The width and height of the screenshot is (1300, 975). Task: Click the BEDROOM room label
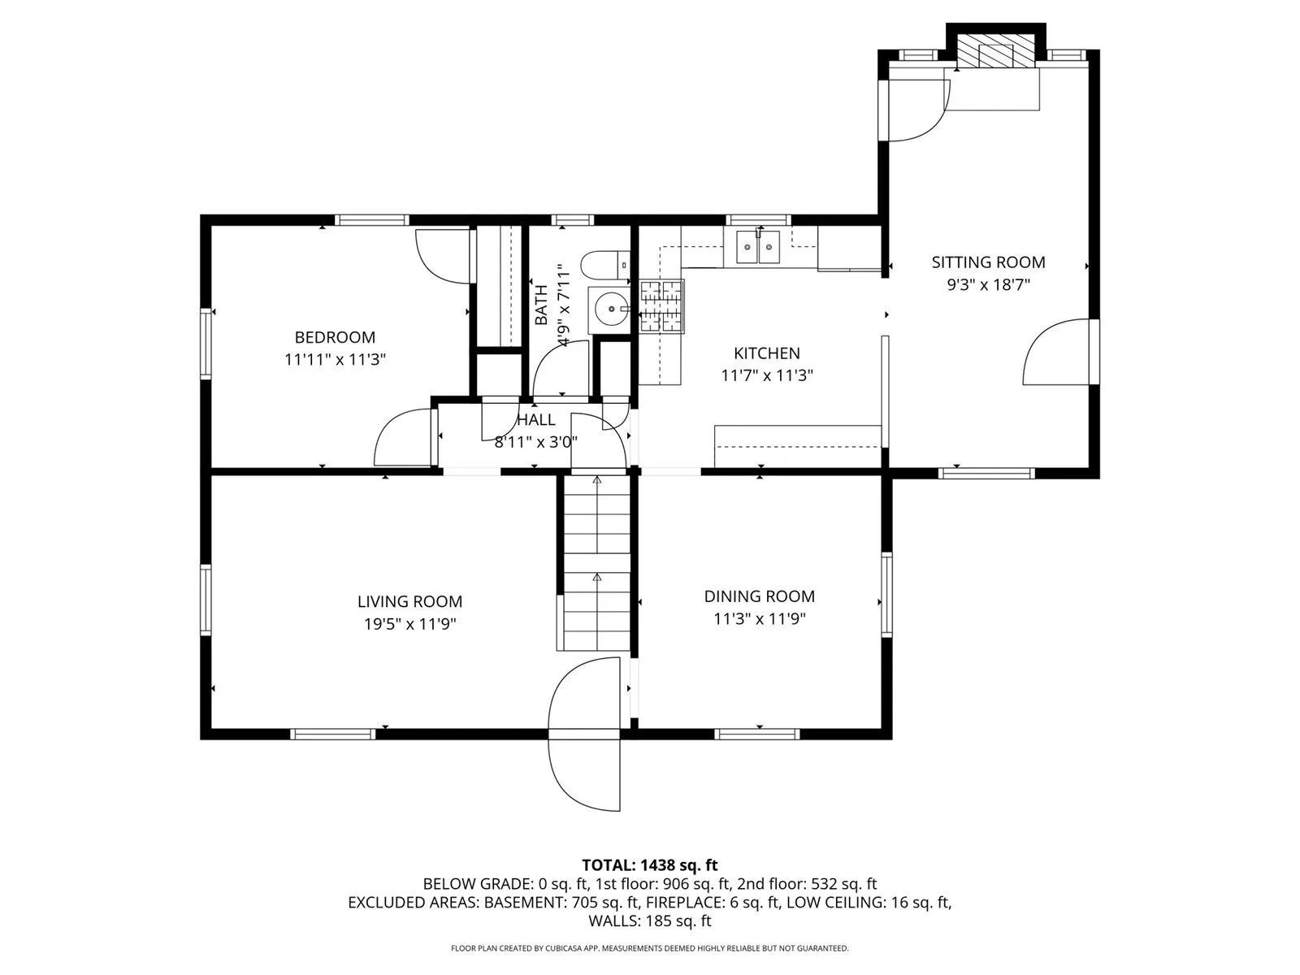tap(335, 337)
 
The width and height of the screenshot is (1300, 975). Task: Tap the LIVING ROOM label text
tap(409, 601)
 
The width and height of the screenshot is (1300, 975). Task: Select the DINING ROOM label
tap(759, 596)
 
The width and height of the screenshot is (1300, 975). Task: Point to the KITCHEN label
tap(766, 353)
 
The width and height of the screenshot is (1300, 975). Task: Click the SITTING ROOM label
tap(988, 262)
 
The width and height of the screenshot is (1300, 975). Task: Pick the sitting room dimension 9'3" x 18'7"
tap(988, 284)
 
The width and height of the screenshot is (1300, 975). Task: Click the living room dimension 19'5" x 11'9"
tap(409, 624)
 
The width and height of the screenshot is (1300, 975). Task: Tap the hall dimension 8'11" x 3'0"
tap(535, 442)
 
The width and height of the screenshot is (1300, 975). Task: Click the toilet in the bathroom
tap(605, 265)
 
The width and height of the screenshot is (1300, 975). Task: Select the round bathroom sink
tap(610, 309)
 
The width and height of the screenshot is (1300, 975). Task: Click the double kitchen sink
tap(757, 248)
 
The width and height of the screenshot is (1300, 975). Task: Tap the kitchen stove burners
tap(661, 306)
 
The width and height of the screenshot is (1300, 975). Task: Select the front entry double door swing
tap(584, 734)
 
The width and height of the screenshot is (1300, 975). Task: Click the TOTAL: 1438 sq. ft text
tap(650, 865)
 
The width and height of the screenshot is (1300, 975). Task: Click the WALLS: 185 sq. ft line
tap(650, 921)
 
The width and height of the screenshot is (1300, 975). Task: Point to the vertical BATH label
tap(541, 305)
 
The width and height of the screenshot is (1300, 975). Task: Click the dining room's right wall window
tap(886, 595)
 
